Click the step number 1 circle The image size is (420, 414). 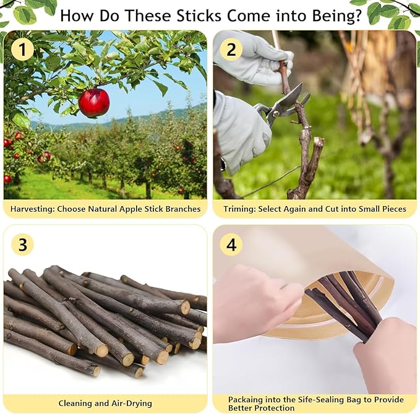[22, 49]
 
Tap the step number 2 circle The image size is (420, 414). [231, 49]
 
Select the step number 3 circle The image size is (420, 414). [22, 244]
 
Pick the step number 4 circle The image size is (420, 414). [231, 244]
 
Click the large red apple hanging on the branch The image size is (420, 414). [94, 103]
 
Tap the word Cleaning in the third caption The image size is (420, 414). [77, 403]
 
